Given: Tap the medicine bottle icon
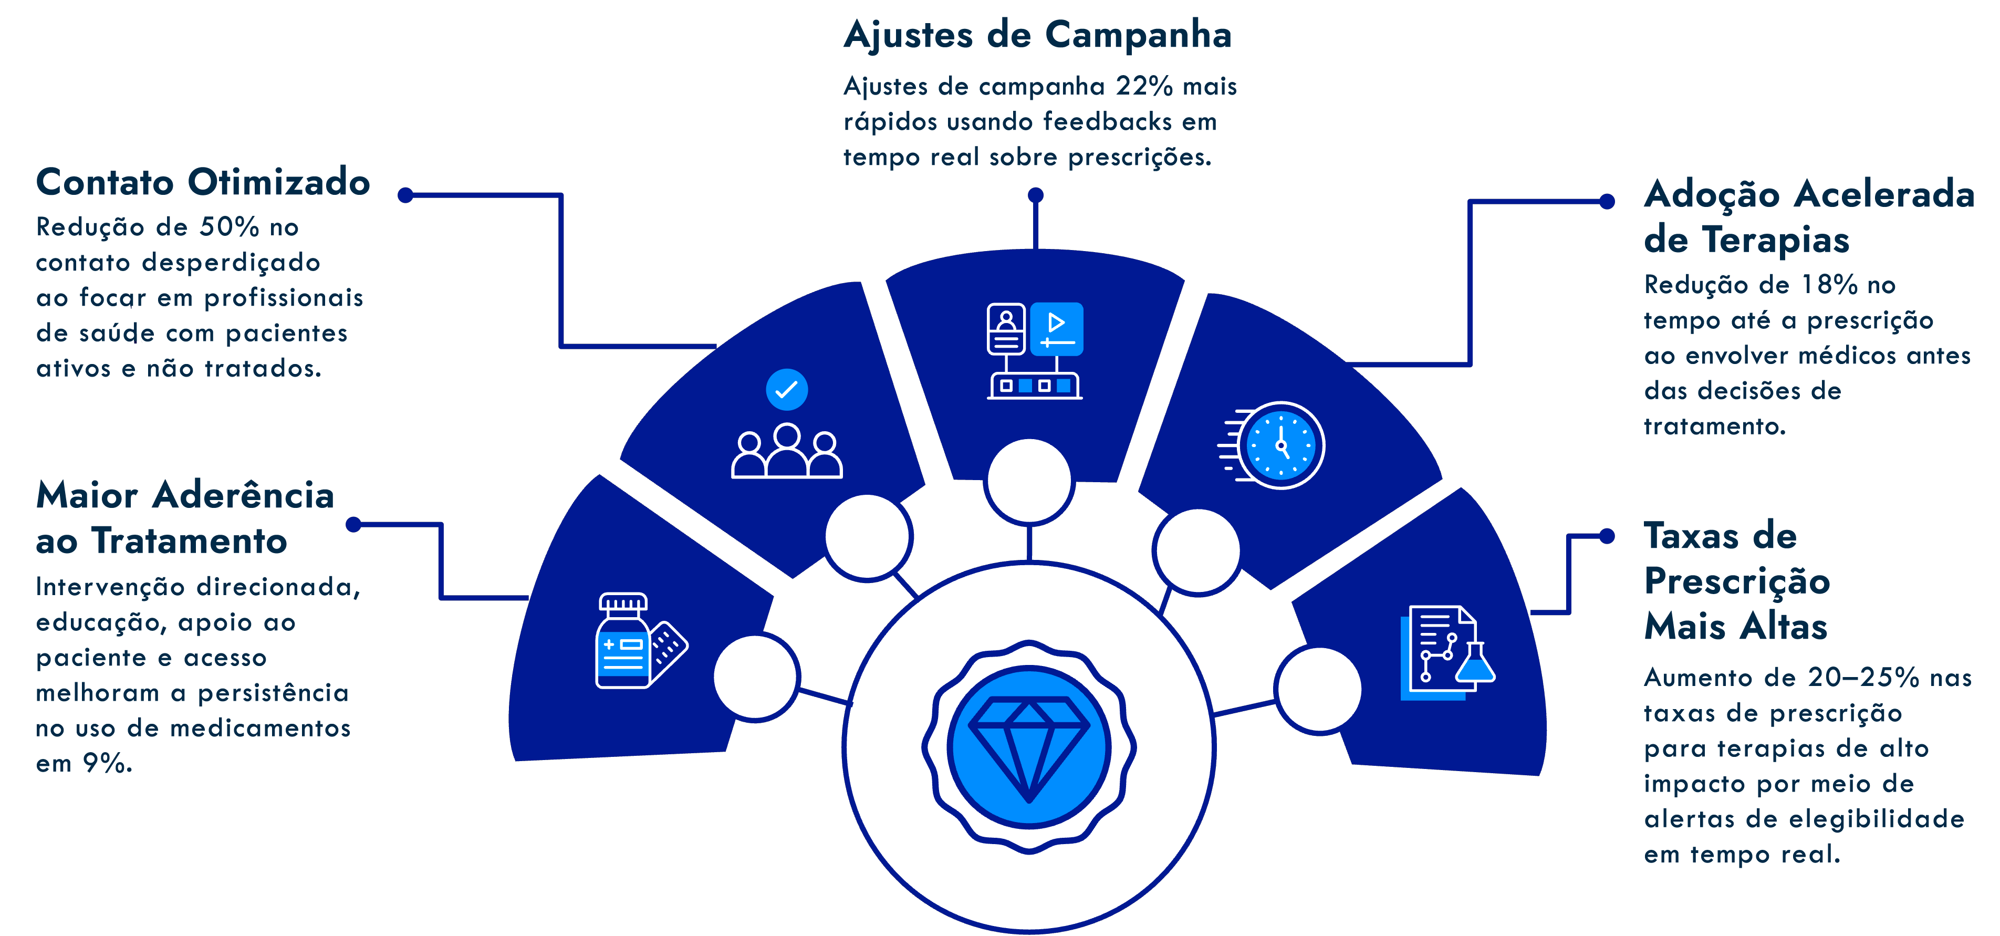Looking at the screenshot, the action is [623, 641].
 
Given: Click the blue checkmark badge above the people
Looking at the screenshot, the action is [786, 389].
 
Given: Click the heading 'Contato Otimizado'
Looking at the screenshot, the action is [202, 183].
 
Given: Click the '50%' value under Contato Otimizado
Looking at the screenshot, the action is [229, 227].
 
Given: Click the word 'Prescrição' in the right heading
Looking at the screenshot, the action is [1737, 581].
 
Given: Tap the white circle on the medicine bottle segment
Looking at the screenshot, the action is [755, 677].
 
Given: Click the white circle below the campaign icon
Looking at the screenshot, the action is [1029, 481].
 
